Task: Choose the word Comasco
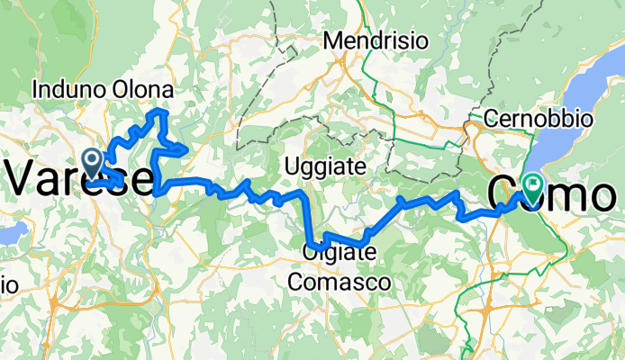340,282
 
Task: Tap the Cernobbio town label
538,118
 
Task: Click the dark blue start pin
92,161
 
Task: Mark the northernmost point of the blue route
160,110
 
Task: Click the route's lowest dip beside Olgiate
318,246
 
